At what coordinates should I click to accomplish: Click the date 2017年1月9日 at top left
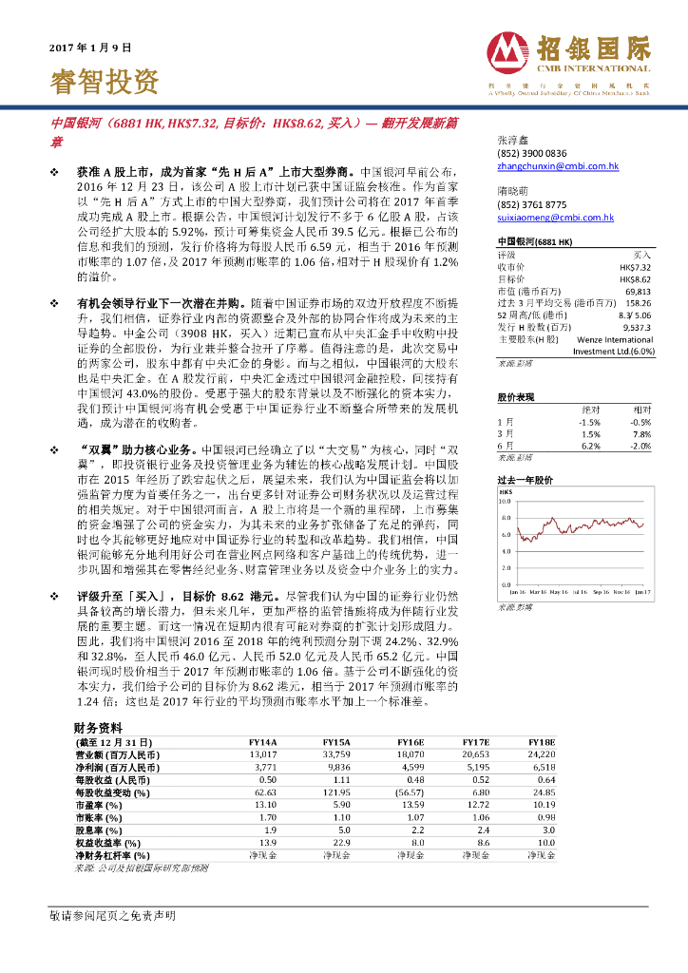click(x=89, y=47)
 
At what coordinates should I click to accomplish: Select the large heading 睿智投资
click(x=104, y=81)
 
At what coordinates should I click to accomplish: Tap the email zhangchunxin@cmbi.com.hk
click(x=557, y=165)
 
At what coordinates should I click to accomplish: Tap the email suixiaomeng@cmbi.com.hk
click(x=555, y=217)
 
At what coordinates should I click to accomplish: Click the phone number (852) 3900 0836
click(x=531, y=153)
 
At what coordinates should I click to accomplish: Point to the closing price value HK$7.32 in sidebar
click(x=639, y=268)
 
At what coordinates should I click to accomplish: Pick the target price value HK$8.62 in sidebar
click(x=639, y=279)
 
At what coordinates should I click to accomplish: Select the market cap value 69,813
click(x=641, y=291)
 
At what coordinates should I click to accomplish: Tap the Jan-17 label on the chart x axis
click(x=642, y=591)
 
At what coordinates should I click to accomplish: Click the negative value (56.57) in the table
click(x=410, y=765)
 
